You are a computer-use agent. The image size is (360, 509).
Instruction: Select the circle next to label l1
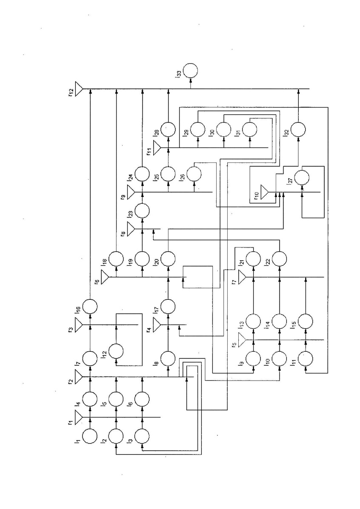(90, 436)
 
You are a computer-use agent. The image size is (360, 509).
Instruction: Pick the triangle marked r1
(79, 417)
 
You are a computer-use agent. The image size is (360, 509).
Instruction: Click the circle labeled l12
(116, 352)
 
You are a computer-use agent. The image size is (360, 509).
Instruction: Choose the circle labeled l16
(90, 306)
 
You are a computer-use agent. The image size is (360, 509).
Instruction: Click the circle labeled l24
(142, 174)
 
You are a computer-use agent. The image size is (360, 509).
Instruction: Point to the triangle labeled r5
(242, 340)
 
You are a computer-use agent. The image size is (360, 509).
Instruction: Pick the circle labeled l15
(306, 321)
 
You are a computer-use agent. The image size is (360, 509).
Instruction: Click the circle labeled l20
(169, 258)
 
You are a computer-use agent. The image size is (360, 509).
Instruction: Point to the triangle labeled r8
(131, 228)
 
